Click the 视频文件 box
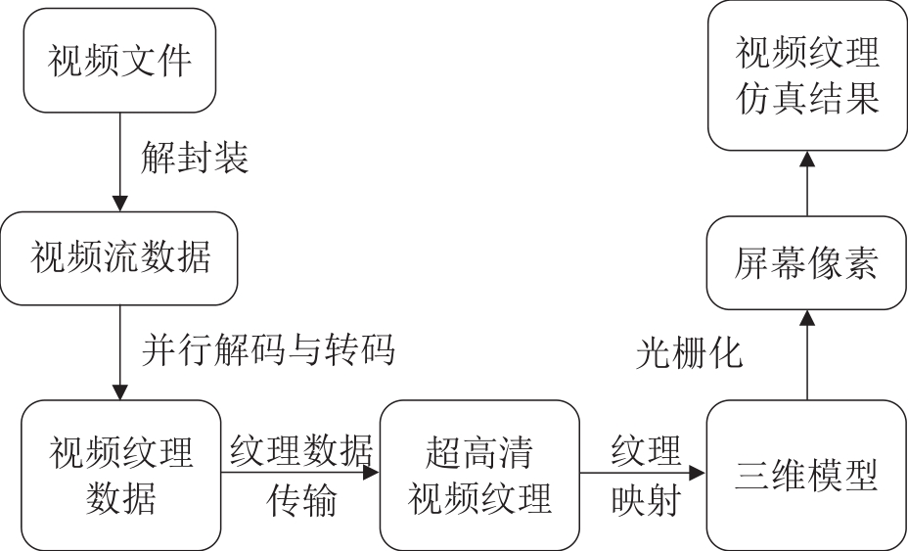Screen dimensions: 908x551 click(119, 61)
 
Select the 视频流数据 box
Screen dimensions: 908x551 click(118, 257)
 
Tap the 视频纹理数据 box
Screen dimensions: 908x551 click(121, 475)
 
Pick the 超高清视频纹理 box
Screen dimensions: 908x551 click(479, 475)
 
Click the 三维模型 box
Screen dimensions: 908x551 click(806, 475)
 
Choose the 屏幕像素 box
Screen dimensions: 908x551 click(806, 262)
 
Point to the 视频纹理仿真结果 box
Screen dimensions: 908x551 click(807, 75)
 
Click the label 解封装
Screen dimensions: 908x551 click(195, 157)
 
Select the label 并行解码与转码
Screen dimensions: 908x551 click(267, 349)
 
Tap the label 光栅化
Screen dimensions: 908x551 click(689, 352)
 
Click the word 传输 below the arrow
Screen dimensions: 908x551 click(301, 500)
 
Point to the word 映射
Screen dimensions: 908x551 click(646, 500)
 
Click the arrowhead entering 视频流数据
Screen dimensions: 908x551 click(120, 204)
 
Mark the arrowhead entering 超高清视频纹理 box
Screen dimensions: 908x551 click(371, 472)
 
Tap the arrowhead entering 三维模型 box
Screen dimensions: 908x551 click(698, 472)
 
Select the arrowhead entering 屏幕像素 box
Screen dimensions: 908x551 click(807, 317)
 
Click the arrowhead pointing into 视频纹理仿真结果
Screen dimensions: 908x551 click(807, 159)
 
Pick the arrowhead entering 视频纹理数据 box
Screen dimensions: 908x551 click(120, 392)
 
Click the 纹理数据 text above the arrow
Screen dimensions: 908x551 click(301, 451)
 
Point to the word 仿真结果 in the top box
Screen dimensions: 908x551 click(807, 98)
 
